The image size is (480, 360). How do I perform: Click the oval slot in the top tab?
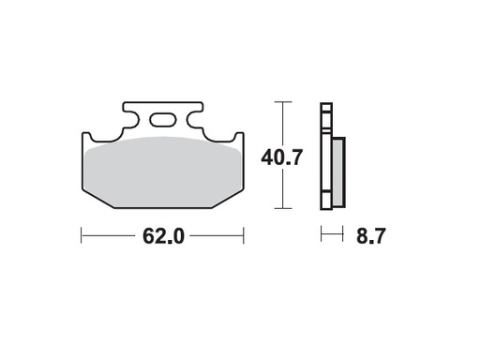tap(163, 119)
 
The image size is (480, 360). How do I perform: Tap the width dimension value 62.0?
tap(162, 235)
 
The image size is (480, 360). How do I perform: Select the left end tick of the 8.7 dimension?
tap(321, 234)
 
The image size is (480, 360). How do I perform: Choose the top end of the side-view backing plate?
tap(325, 103)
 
